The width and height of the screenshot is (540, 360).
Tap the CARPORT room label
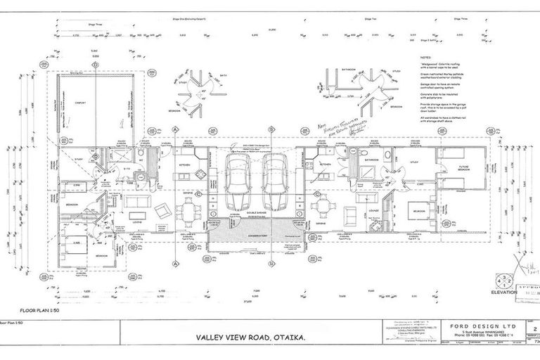click(82, 101)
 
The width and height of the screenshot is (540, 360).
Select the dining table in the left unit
click(188, 209)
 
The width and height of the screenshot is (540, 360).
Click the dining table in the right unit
click(322, 207)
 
